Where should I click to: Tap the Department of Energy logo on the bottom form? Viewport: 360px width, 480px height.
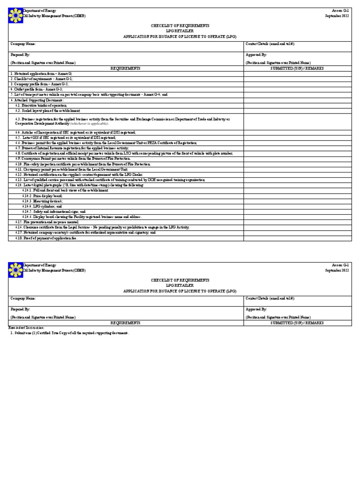click(x=16, y=270)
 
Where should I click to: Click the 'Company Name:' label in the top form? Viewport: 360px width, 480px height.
click(x=23, y=44)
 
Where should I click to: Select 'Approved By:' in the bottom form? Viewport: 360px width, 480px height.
click(x=256, y=309)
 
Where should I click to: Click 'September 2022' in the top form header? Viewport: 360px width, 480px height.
click(x=337, y=15)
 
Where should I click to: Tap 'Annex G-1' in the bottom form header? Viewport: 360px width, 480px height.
click(x=341, y=265)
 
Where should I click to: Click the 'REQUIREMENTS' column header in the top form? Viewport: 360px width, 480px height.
click(x=125, y=68)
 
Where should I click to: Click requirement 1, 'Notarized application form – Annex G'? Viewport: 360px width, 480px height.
click(x=42, y=74)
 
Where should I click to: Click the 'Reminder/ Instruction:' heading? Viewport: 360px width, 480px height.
click(x=27, y=328)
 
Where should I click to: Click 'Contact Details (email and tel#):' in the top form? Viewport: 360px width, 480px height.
click(x=270, y=44)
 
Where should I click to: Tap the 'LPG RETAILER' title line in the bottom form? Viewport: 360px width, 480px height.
click(x=180, y=285)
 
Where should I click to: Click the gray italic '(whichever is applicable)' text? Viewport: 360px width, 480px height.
click(x=90, y=123)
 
